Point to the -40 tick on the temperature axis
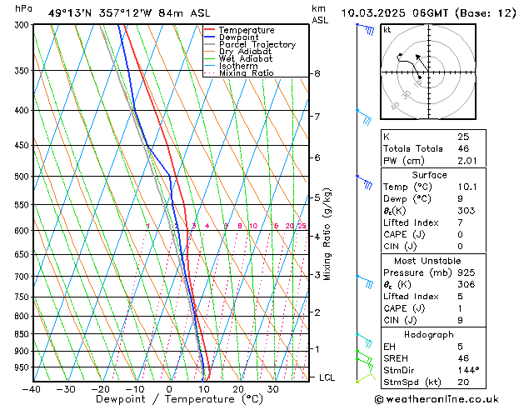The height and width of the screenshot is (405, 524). [32, 388]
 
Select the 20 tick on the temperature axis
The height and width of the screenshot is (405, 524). [238, 388]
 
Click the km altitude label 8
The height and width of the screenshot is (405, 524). [317, 73]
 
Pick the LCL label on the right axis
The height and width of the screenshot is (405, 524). [327, 377]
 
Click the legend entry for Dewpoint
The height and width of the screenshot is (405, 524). [238, 37]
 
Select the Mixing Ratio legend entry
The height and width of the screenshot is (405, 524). [246, 73]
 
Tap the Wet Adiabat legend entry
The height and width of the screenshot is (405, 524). [245, 59]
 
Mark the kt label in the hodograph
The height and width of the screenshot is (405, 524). [387, 29]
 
